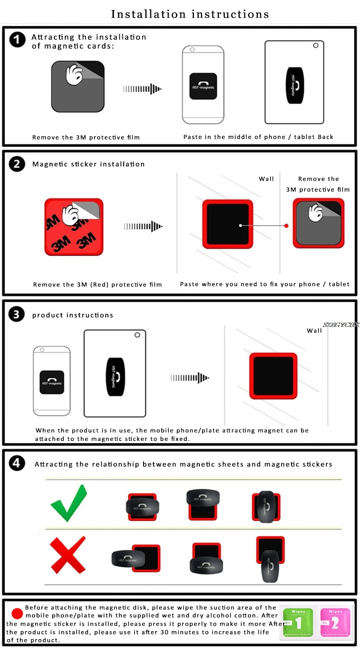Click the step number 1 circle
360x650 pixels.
point(18,40)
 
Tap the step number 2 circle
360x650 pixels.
point(17,164)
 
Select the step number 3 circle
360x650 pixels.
point(17,314)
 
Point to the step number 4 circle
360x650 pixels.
point(17,464)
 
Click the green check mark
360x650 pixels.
point(68,504)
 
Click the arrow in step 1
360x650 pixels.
point(142,89)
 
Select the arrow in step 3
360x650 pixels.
point(190,377)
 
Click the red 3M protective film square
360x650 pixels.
point(74,226)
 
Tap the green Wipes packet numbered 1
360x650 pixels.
point(298,623)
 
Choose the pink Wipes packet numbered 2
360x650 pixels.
point(334,623)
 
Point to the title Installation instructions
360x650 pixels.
point(190,14)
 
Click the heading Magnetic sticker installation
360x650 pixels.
point(89,164)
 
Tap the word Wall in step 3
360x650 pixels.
point(314,331)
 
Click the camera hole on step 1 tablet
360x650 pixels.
point(316,45)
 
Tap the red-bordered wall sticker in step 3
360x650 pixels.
point(273,376)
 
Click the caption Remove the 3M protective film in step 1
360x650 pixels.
point(86,137)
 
